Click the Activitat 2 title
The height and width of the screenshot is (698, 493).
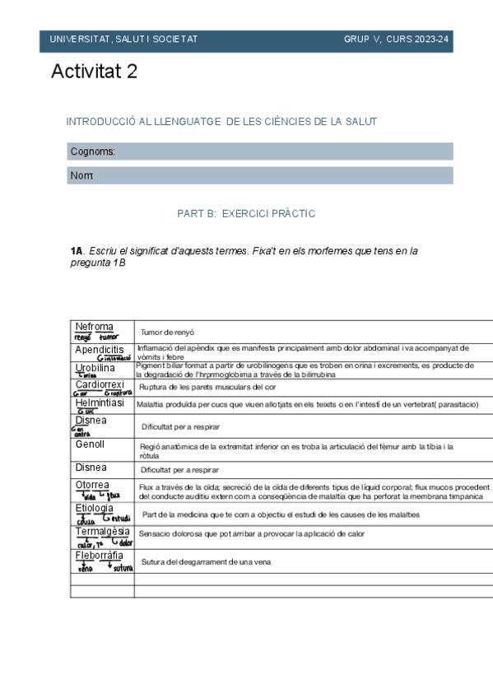point(94,72)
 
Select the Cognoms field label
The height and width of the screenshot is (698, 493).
point(92,151)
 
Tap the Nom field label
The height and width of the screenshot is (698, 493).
point(82,176)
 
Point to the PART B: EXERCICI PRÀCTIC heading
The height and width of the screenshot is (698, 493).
point(246,213)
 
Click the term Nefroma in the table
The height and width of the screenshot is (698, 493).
point(94,327)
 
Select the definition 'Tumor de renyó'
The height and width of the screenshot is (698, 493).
point(167,332)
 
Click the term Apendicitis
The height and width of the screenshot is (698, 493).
point(100,350)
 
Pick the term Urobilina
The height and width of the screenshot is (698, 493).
point(95,367)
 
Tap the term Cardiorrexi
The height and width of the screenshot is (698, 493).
point(100,384)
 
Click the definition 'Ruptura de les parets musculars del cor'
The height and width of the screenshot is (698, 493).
point(218,387)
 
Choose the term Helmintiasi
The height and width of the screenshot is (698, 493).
point(100,403)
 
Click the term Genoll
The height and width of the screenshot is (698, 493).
point(91,444)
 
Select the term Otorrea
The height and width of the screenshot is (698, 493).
point(92,486)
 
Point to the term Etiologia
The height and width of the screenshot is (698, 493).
point(94,509)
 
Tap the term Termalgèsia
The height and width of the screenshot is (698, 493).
point(102,532)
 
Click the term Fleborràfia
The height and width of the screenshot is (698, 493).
point(100,556)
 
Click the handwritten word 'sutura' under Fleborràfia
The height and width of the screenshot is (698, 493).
point(123,569)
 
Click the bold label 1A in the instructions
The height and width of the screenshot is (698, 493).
point(77,250)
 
